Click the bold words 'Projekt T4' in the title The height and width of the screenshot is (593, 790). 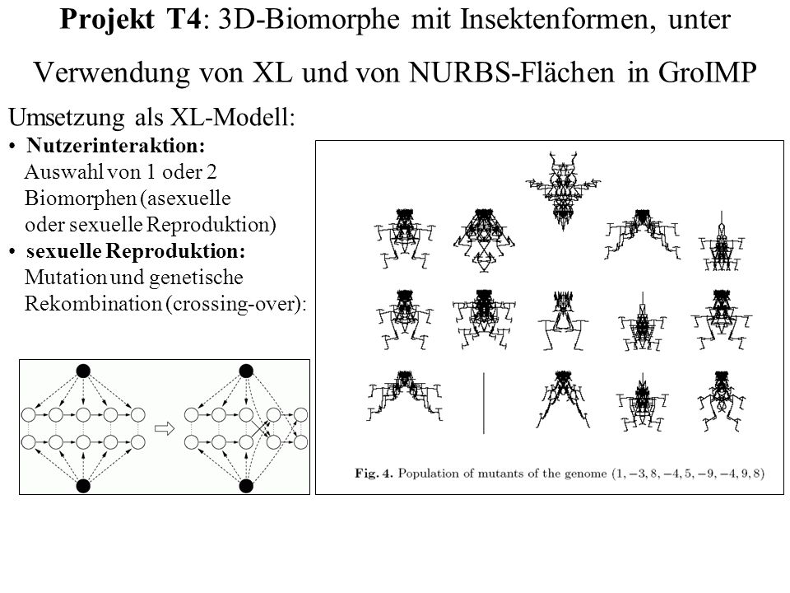[131, 20]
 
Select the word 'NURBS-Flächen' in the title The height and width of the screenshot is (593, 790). [511, 72]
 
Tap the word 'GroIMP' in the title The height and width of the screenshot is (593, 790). [707, 72]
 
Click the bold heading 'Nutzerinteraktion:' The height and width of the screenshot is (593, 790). [116, 146]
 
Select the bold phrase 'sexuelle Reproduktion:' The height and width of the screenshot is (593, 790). [136, 251]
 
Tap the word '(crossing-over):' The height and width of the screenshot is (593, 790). [236, 304]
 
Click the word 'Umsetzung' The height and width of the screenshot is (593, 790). [66, 118]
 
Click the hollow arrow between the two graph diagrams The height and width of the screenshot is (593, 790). [165, 428]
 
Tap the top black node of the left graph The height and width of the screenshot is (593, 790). [83, 371]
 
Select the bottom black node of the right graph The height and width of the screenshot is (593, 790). [246, 486]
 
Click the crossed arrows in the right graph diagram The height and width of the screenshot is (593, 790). [259, 428]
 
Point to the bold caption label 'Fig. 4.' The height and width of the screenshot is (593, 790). [374, 474]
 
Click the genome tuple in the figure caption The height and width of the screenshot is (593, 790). [688, 474]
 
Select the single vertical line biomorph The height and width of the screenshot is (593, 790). [484, 403]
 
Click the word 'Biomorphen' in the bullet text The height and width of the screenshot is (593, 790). [81, 198]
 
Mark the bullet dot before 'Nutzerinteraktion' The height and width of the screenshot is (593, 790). [12, 147]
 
